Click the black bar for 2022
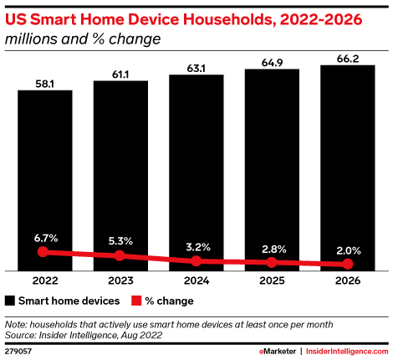[x=45, y=180]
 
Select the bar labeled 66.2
[x=348, y=167]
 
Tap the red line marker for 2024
[x=196, y=261]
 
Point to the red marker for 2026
[x=348, y=264]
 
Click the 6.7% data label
[x=46, y=239]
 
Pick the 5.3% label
[x=120, y=241]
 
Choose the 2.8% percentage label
[x=273, y=249]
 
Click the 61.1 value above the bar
[x=120, y=75]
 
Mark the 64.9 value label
[x=272, y=63]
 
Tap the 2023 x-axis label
[x=120, y=280]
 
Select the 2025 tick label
[x=272, y=280]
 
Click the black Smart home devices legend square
[x=10, y=301]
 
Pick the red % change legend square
[x=136, y=301]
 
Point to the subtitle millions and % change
[x=83, y=39]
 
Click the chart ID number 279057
[x=18, y=351]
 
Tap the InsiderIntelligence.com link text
[x=347, y=351]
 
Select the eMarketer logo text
[x=278, y=351]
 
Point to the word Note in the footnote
[x=16, y=325]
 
